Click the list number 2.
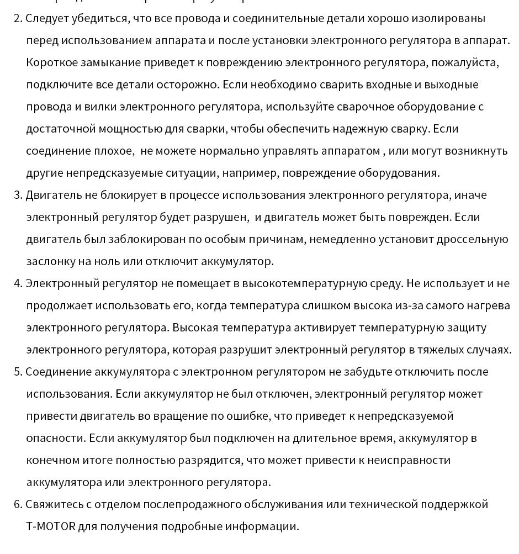tap(17, 18)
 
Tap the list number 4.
tap(17, 283)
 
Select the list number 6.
tap(17, 504)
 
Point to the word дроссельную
tap(473, 239)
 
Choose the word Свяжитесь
tap(52, 504)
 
